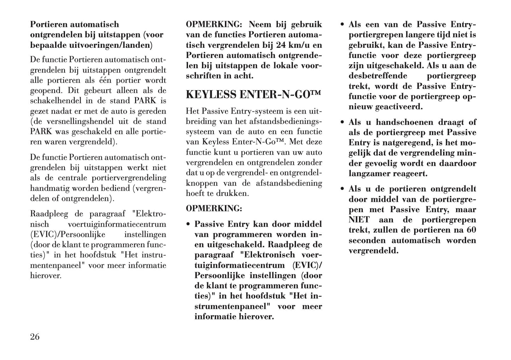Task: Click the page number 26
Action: tap(35, 337)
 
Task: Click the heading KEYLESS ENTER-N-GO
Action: tap(253, 95)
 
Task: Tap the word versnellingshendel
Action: tap(71, 121)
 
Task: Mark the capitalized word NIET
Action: tap(359, 220)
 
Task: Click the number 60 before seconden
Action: tap(471, 230)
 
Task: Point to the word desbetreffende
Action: tap(378, 76)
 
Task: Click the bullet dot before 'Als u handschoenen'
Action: tap(342, 122)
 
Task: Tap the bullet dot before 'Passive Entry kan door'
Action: tap(188, 225)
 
